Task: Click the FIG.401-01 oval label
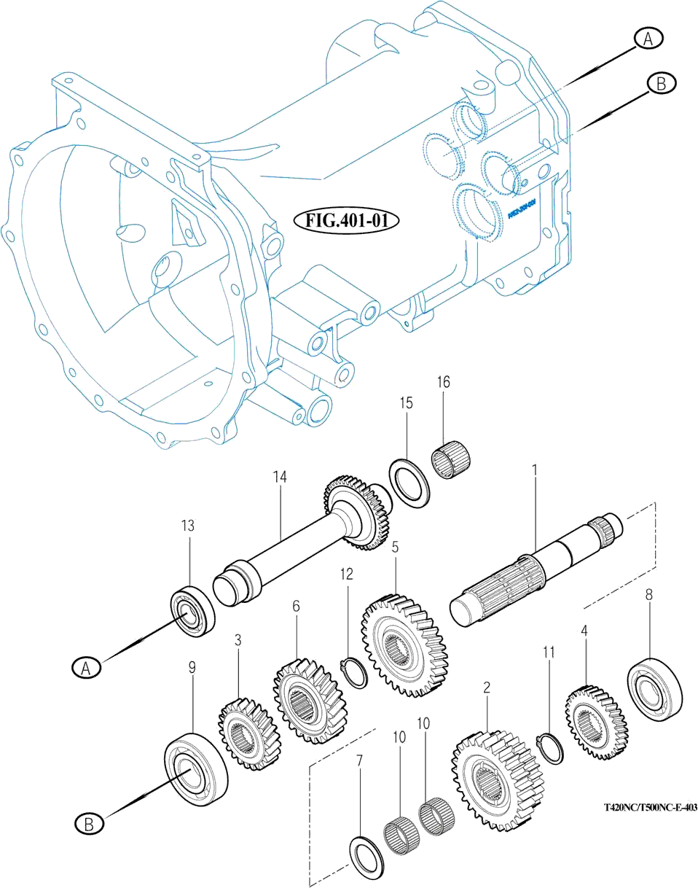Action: [x=348, y=219]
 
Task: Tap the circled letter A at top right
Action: [x=647, y=39]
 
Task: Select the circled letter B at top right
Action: [x=661, y=84]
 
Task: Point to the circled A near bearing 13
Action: [x=86, y=666]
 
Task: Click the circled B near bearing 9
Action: [x=89, y=824]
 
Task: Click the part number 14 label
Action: [x=281, y=477]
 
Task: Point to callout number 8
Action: [x=648, y=594]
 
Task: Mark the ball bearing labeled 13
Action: [x=192, y=607]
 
